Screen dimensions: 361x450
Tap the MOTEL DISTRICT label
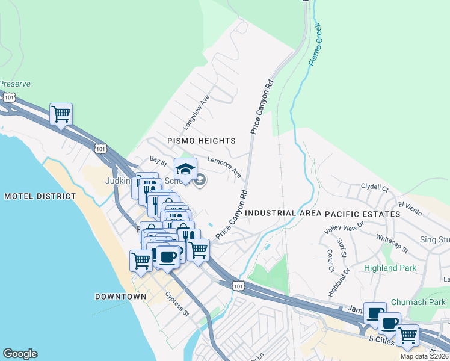click(40, 196)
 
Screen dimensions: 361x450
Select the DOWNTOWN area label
click(120, 297)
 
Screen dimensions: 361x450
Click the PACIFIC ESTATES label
click(363, 214)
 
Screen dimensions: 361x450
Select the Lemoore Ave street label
click(224, 167)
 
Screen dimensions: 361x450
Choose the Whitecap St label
click(392, 244)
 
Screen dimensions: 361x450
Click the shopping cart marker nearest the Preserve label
click(61, 113)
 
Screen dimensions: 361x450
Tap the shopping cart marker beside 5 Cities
click(408, 335)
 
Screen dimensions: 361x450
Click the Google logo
click(20, 354)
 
